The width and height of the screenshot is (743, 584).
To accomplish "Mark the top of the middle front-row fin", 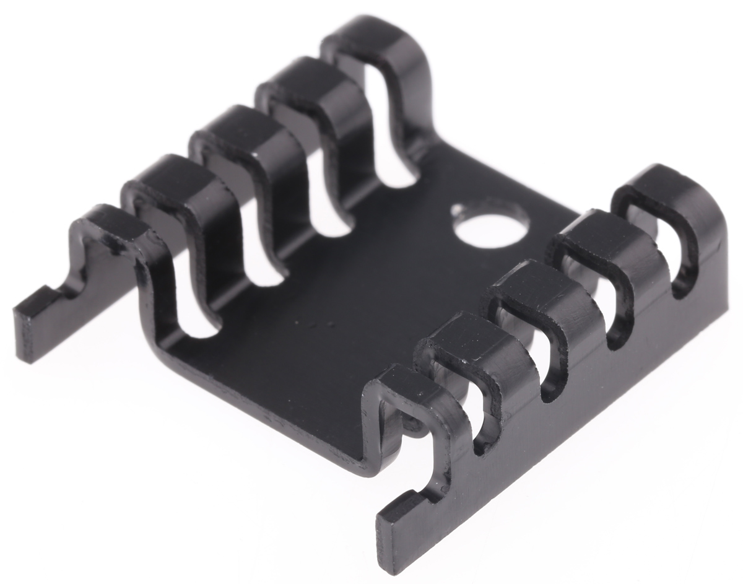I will pos(532,282).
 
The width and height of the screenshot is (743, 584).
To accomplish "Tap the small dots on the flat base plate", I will pos(313,323).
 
